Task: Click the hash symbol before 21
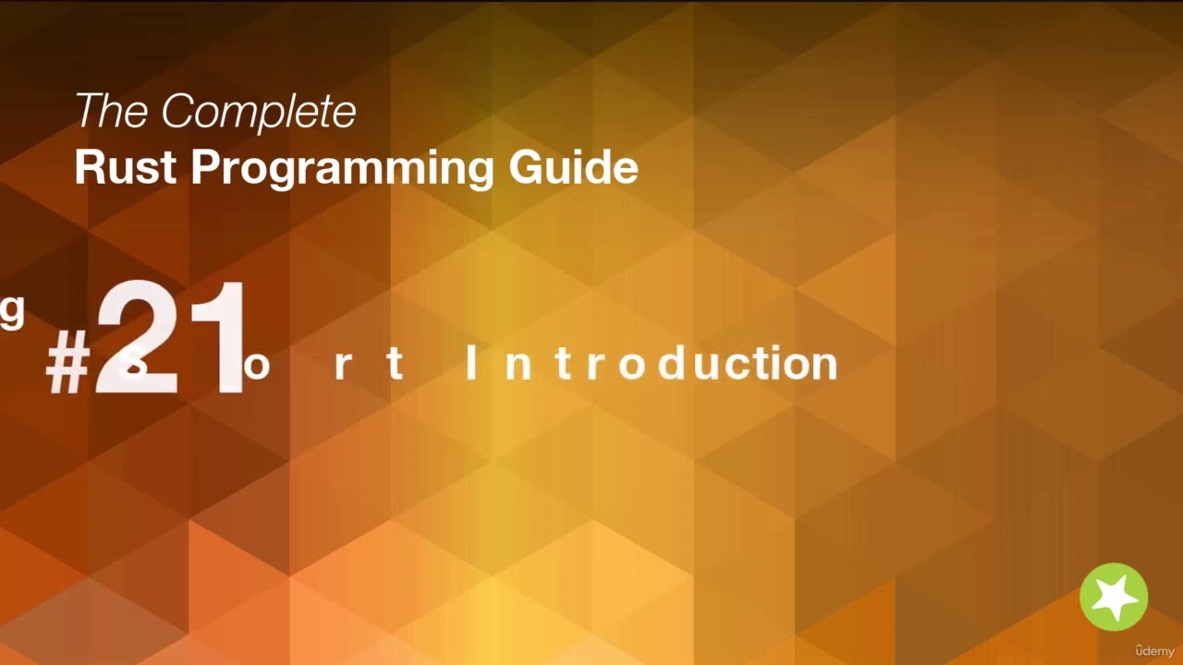(67, 365)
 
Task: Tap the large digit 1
(221, 339)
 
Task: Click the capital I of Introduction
(471, 363)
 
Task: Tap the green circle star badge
(1114, 597)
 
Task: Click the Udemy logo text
(1154, 650)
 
